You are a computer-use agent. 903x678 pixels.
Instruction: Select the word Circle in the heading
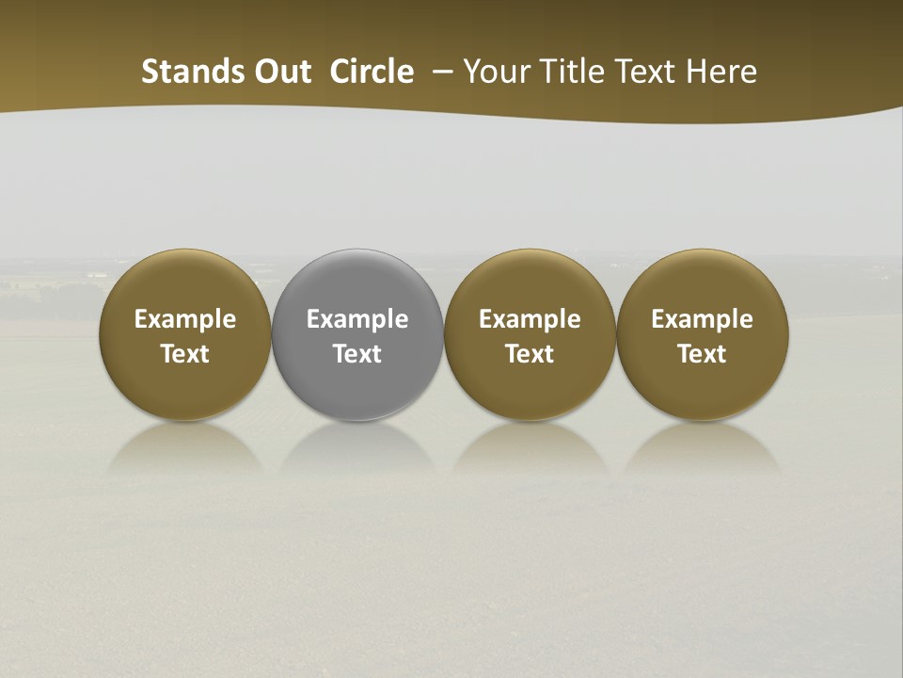[x=372, y=72]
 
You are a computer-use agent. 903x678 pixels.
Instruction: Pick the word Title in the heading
[x=571, y=72]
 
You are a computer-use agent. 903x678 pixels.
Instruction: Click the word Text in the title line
[x=644, y=72]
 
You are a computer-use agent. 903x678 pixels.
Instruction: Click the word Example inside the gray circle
[x=357, y=319]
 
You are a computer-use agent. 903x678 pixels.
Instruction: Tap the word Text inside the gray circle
[x=357, y=354]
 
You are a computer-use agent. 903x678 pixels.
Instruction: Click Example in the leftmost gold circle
[x=185, y=319]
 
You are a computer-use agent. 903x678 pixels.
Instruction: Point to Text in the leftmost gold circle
[x=185, y=354]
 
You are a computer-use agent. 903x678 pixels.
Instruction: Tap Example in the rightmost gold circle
[x=702, y=319]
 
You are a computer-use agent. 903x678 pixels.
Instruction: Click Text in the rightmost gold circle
[x=702, y=354]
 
